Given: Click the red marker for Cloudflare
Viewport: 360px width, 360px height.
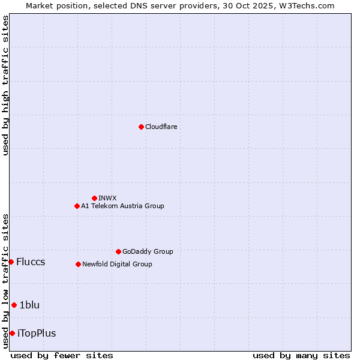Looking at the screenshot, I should coord(141,127).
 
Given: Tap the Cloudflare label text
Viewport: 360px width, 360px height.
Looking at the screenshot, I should coord(161,127).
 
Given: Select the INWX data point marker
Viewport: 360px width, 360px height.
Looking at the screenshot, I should coord(94,198).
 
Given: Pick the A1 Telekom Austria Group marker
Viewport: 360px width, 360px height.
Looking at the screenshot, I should coord(77,206).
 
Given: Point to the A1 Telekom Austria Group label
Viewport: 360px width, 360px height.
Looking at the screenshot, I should coord(122,206).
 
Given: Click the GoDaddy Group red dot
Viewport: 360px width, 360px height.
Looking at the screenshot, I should coord(118,251).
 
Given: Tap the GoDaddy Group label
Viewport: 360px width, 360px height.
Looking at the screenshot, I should coord(148,251).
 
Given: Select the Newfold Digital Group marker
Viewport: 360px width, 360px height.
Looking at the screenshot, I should coord(78,264).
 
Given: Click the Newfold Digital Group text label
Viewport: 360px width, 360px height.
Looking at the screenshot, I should coord(117,264).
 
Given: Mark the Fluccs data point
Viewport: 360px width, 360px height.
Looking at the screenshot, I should coord(11,262).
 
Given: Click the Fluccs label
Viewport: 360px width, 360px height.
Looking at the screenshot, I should coord(31,262).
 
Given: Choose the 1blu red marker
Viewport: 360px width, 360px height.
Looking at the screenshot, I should coord(14,305).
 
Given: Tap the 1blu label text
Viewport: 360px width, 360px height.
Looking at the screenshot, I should coord(29,305).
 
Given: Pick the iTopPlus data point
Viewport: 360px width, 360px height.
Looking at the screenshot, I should coord(12,333).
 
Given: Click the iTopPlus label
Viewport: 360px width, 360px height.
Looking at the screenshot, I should coord(37,334).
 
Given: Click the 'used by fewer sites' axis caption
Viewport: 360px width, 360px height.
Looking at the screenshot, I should coord(62,355).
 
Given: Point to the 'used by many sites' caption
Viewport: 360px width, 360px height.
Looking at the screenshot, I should coord(301,355).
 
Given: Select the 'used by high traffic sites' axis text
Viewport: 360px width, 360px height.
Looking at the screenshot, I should coord(5,85).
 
